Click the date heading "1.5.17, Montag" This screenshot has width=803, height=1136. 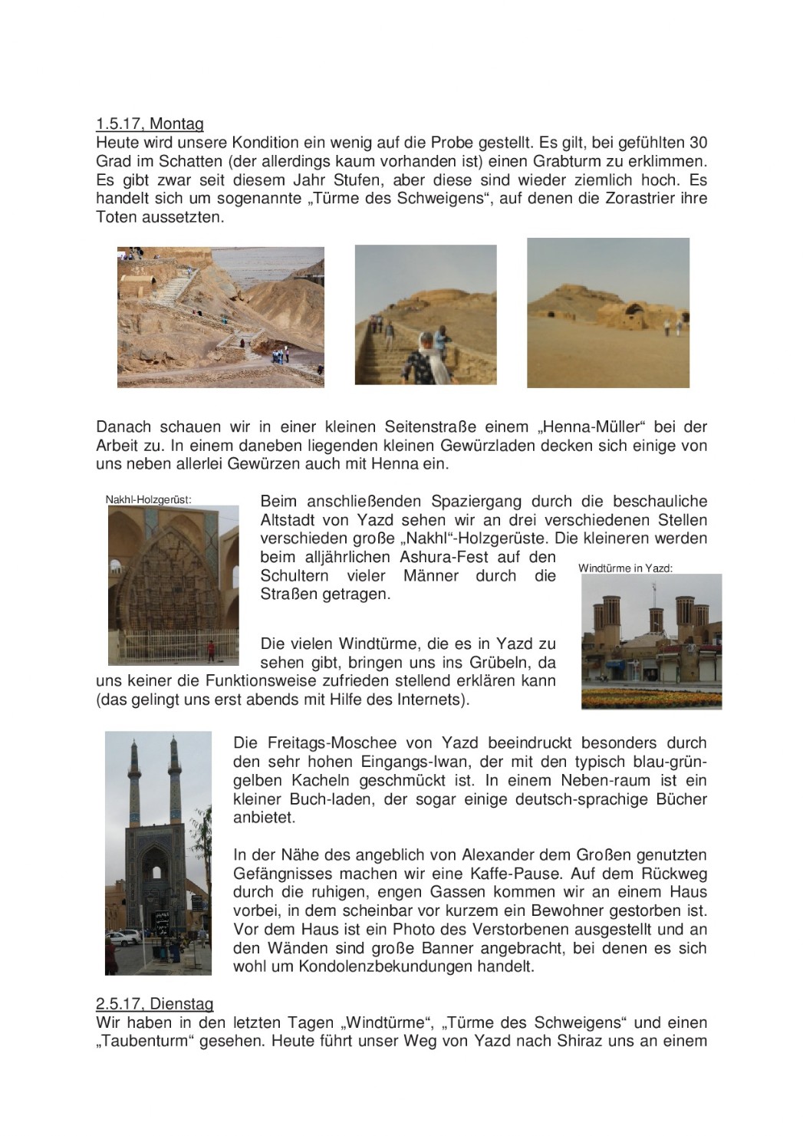click(x=150, y=123)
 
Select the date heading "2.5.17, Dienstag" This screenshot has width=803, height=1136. click(x=154, y=1004)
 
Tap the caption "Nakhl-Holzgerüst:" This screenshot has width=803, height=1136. click(x=148, y=499)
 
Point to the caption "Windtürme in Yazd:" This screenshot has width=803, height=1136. click(x=625, y=568)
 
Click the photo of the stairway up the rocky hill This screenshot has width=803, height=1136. click(x=220, y=317)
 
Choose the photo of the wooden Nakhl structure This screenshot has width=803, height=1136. click(x=173, y=584)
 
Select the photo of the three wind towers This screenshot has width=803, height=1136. click(x=650, y=641)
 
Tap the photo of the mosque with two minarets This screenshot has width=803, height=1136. click(x=157, y=851)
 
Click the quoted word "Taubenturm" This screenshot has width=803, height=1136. click(x=142, y=1042)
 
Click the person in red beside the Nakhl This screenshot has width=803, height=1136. click(x=210, y=650)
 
